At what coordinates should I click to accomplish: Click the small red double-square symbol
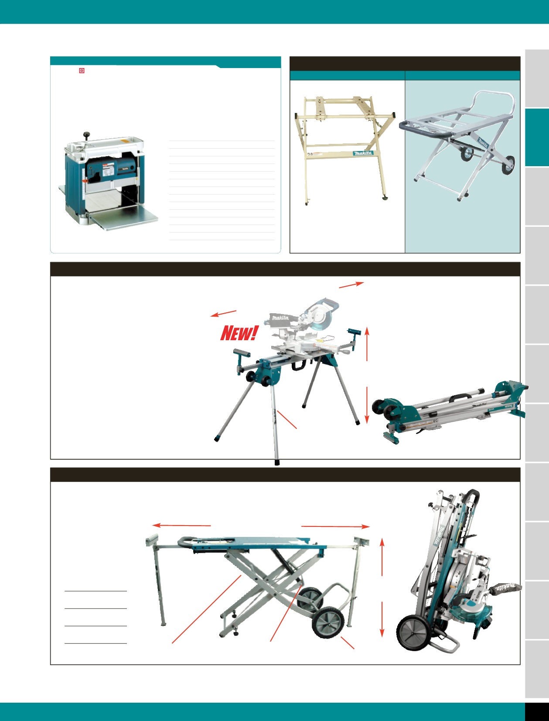click(x=82, y=71)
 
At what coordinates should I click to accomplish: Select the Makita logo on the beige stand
click(x=363, y=153)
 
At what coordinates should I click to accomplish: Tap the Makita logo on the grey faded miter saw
click(x=280, y=318)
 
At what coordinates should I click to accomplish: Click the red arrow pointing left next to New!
click(x=223, y=314)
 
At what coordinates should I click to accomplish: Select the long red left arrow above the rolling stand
click(x=181, y=526)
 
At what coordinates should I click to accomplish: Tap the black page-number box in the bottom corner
click(x=537, y=711)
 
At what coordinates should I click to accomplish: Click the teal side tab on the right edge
click(x=537, y=137)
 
